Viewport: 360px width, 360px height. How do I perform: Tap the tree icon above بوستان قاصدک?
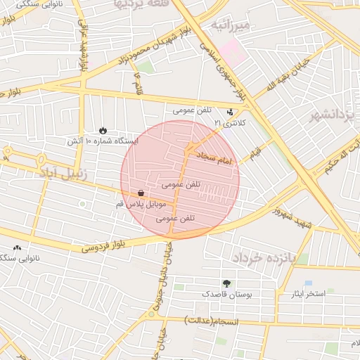225,283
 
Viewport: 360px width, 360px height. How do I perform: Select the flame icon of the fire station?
103,130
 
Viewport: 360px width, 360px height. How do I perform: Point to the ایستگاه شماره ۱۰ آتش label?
103,141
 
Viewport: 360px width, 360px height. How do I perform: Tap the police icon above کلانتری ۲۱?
230,112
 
